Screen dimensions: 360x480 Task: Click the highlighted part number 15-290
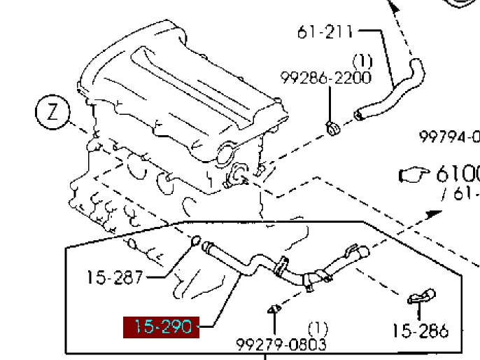pos(161,327)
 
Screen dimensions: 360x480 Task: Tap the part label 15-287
pos(115,278)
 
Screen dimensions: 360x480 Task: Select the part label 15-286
pos(420,331)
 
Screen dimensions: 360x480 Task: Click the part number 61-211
pos(326,32)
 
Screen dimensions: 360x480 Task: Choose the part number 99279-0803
pos(281,345)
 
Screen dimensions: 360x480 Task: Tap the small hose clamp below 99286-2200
pos(334,126)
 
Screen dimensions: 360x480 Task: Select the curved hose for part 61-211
pos(392,91)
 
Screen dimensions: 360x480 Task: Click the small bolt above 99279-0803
pos(274,309)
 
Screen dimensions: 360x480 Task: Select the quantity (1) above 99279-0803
pos(318,328)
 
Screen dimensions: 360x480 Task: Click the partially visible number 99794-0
pos(449,137)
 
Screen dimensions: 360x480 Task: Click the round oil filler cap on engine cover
pos(226,153)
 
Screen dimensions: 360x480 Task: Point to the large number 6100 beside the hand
pos(458,174)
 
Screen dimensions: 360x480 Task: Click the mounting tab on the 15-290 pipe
pos(283,265)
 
